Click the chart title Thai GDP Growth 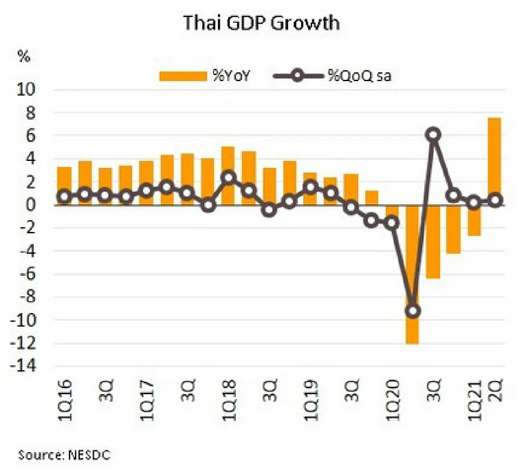261,23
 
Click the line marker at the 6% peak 433,135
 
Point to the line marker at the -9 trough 412,311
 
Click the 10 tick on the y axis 25,90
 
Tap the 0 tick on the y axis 30,205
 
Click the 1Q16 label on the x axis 65,400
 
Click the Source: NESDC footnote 64,455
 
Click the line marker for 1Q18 229,178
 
